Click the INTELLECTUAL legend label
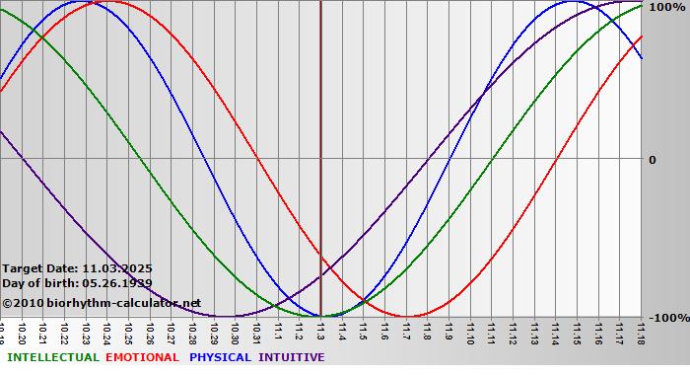tap(52, 357)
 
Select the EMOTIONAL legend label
tap(142, 357)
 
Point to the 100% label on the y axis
tap(666, 7)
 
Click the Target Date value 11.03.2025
tap(117, 267)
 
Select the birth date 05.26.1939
tap(117, 283)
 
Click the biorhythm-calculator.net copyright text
tap(102, 302)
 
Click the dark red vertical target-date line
tap(320, 148)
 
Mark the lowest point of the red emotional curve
tap(406, 316)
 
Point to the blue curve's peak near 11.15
tap(575, 2)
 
